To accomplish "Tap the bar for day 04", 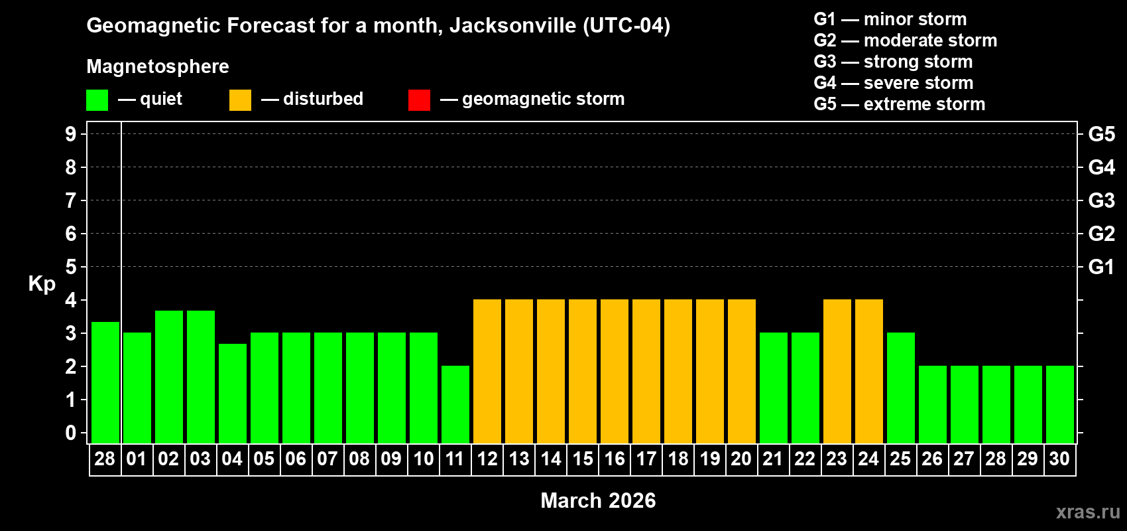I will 233,393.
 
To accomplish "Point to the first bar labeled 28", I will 105,382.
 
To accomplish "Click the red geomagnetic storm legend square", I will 419,100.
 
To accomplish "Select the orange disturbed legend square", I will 240,100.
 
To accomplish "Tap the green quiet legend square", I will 97,100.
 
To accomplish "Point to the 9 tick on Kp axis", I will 71,134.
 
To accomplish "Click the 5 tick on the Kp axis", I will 71,267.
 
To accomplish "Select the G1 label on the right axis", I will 1101,267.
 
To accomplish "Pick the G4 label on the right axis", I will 1101,167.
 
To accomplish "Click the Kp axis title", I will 42,284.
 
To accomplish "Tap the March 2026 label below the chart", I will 598,500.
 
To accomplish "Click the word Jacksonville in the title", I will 512,25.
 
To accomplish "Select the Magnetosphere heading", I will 158,66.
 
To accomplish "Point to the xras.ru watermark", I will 1088,512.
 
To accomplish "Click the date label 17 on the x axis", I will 646,459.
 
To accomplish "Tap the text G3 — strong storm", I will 893,62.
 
